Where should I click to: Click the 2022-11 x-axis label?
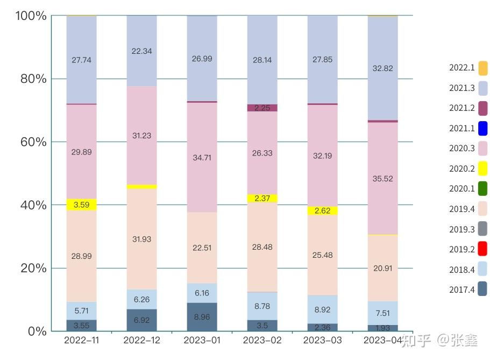tap(81, 341)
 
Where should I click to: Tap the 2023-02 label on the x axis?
tap(262, 341)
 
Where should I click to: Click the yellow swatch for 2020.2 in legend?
tap(482, 169)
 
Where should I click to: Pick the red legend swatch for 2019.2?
tap(482, 249)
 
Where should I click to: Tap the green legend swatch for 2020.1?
tap(482, 189)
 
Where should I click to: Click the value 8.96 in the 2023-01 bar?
tap(202, 317)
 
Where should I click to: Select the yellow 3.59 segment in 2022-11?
tap(81, 204)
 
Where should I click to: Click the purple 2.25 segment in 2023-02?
tap(262, 108)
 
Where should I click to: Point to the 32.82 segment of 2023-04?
tap(382, 68)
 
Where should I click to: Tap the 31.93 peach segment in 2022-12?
tap(141, 239)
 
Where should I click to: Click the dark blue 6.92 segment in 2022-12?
tap(141, 320)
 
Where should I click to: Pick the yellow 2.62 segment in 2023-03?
tap(322, 210)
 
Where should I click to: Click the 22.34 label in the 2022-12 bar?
tap(141, 51)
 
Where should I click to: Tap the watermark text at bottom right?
tap(440, 340)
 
